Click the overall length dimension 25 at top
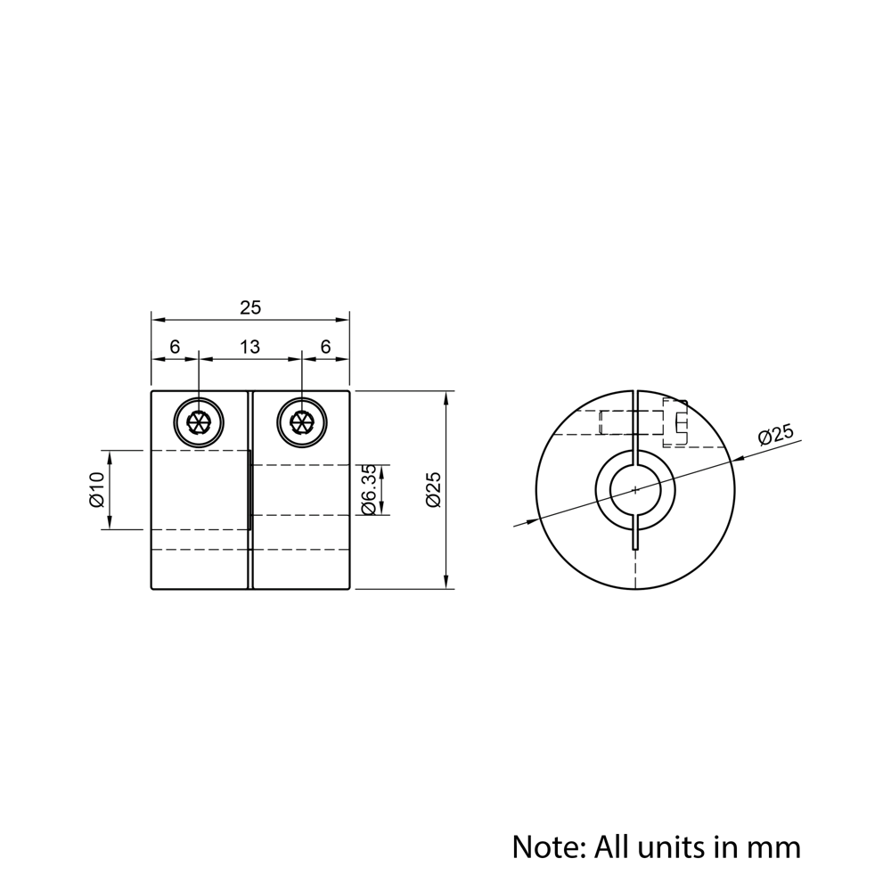(250, 307)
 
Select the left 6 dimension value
(175, 347)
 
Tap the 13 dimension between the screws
(250, 347)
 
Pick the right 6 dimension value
(326, 347)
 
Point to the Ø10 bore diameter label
(97, 490)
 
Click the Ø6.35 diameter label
(368, 490)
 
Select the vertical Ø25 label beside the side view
(434, 490)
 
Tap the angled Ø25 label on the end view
(775, 437)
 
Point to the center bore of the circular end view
(634, 489)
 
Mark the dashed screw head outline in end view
(675, 422)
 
